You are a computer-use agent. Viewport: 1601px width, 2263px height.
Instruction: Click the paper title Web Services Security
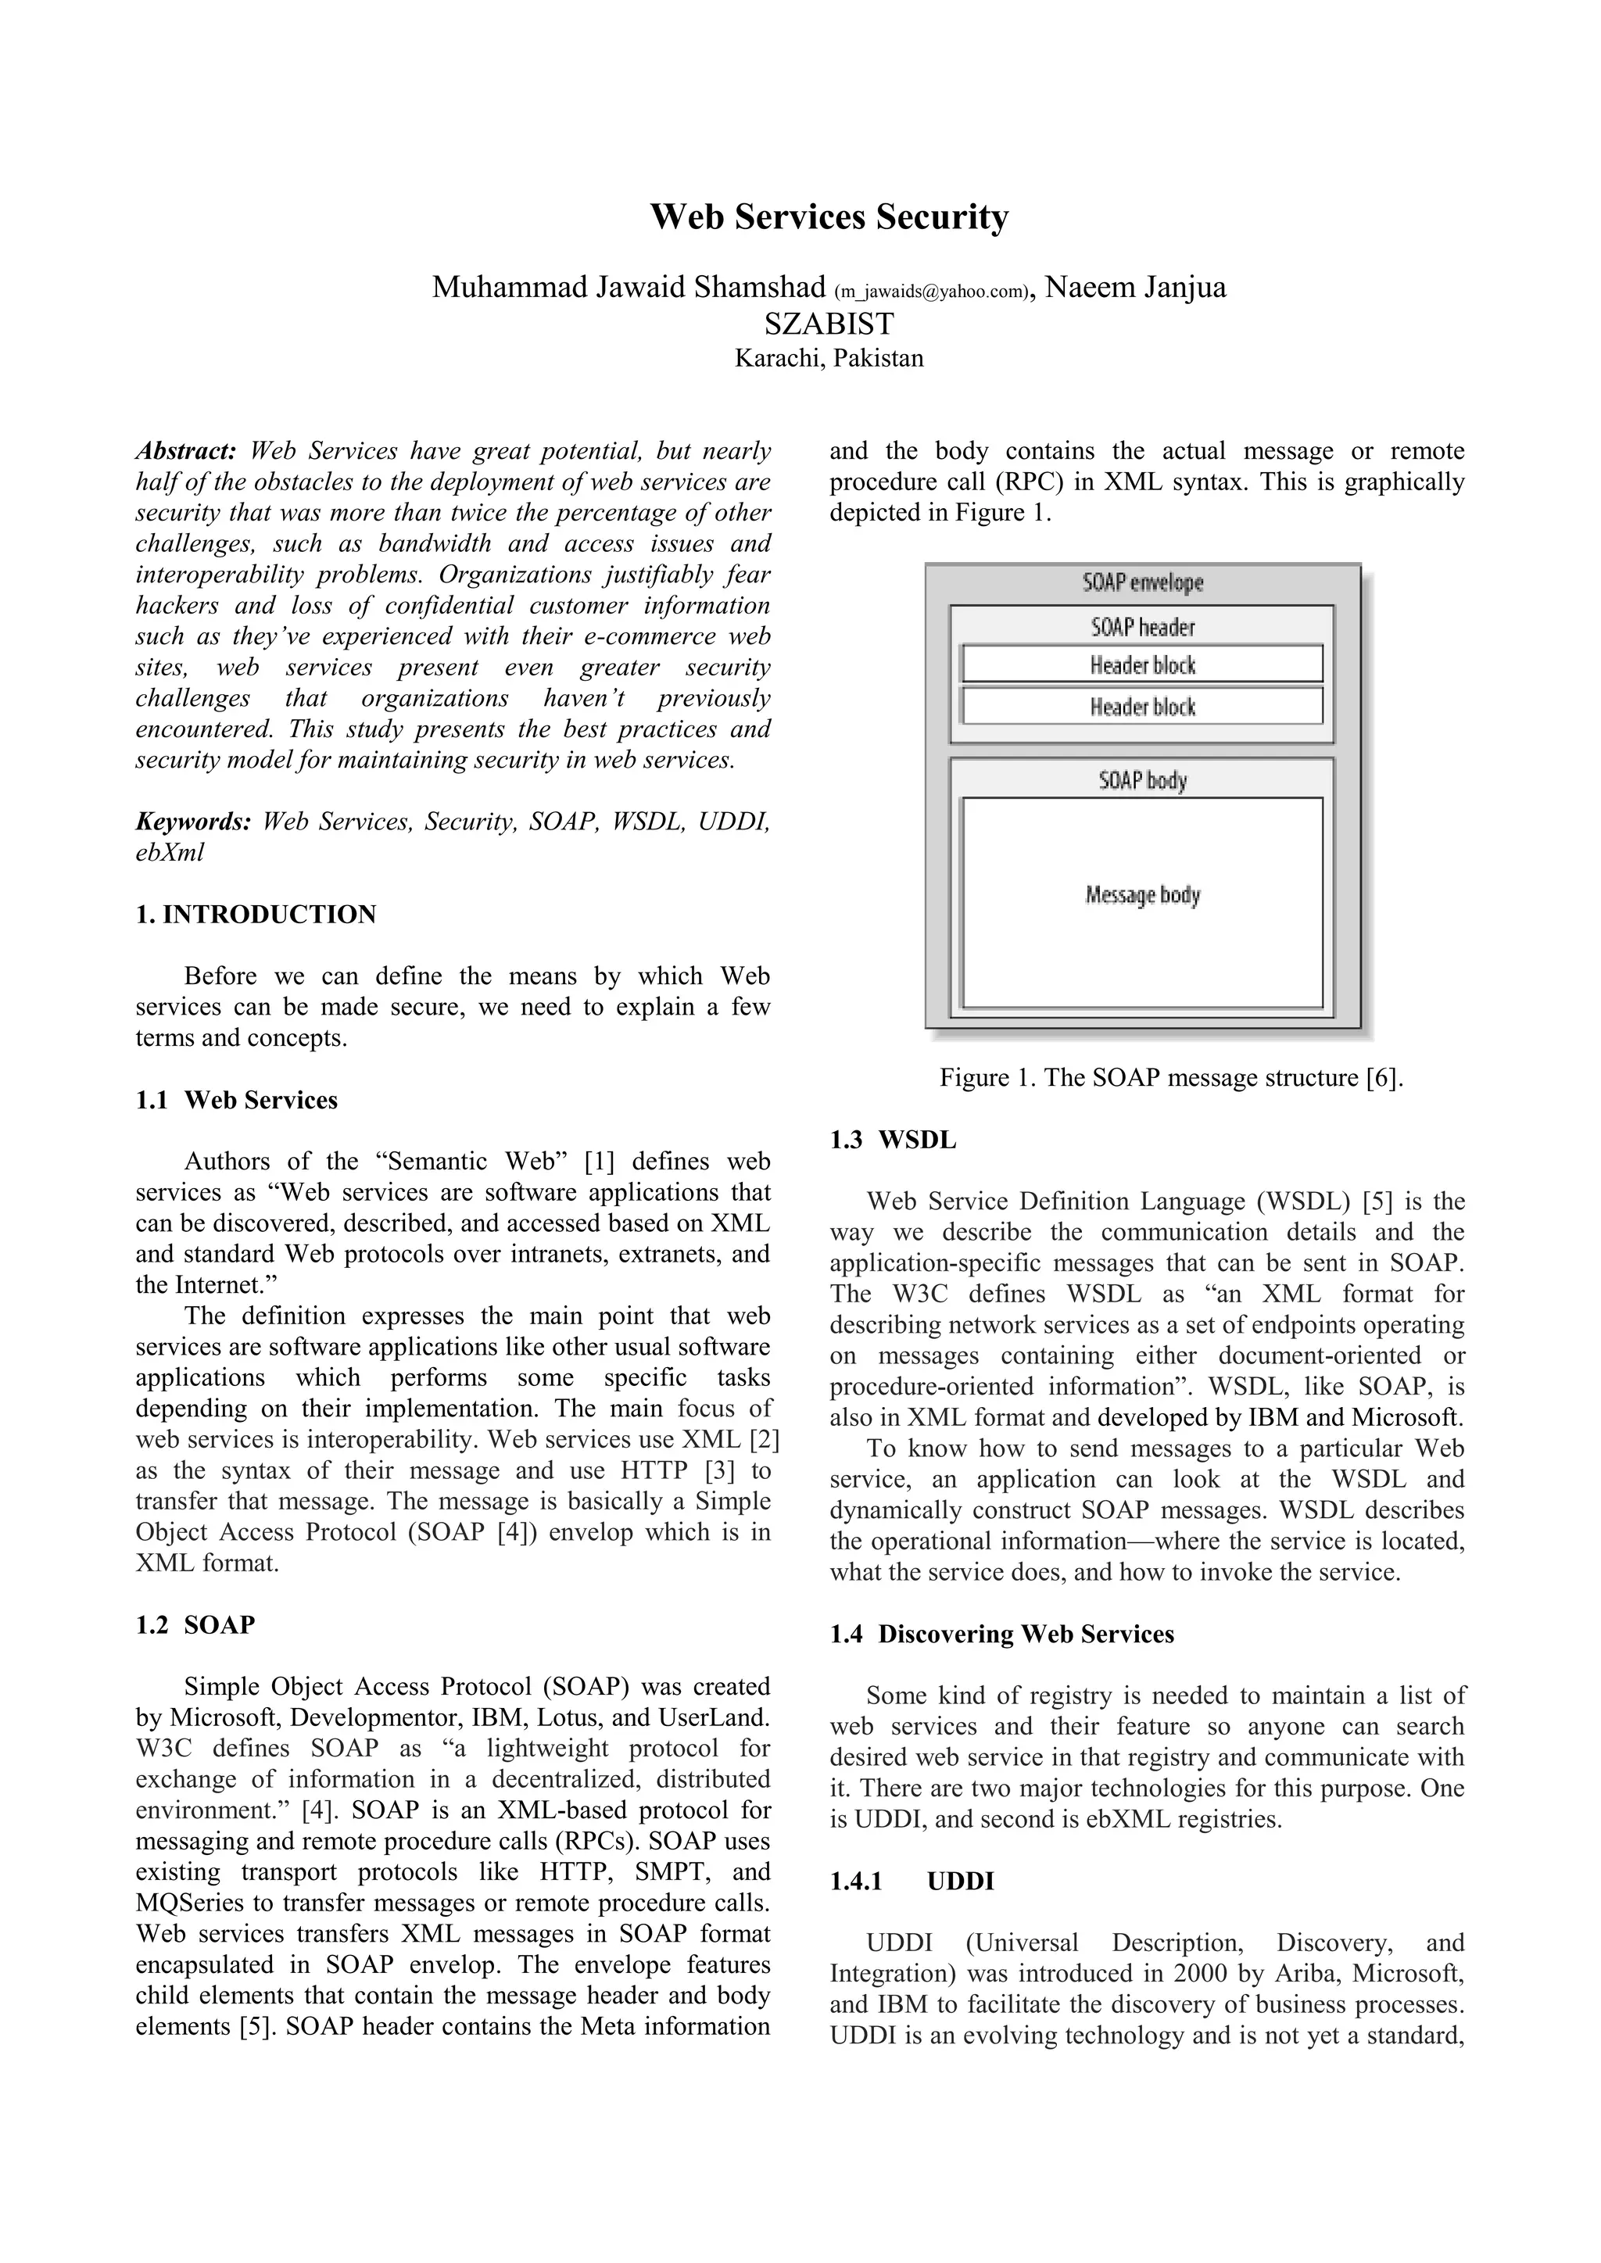829,217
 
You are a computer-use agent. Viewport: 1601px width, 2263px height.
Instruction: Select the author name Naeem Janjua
1135,287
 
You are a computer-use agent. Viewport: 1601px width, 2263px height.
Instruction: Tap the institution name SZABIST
829,324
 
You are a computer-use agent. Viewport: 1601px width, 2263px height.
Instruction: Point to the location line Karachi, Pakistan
829,358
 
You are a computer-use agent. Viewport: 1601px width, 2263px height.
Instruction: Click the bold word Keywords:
193,822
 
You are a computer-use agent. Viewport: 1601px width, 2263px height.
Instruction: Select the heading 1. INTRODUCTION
256,915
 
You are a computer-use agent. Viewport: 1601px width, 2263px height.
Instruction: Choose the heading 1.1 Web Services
237,1100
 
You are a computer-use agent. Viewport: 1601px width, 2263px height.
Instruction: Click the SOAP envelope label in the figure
1143,582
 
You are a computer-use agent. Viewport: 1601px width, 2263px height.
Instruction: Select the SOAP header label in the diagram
1143,627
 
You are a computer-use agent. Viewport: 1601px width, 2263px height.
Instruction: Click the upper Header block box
1143,665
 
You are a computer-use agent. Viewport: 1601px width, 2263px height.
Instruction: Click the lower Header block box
1143,707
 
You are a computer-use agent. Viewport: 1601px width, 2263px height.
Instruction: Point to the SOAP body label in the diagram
1143,781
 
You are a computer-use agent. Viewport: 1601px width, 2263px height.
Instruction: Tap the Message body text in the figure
1143,895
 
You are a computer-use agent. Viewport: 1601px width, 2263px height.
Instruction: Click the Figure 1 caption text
1170,1077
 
